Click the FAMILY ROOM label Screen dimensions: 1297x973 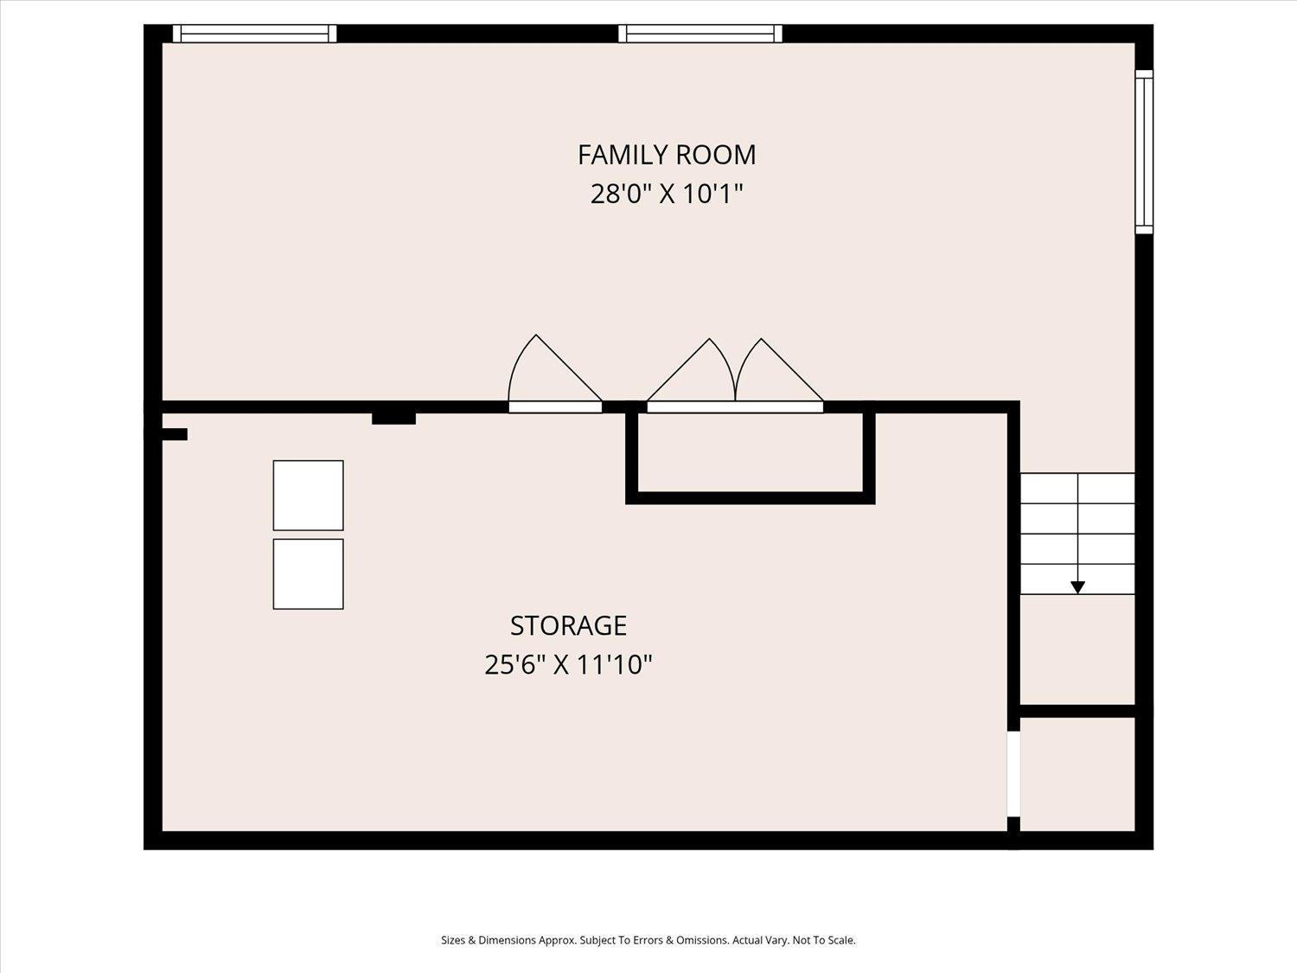tap(667, 155)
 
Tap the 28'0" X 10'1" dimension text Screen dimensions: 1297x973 tap(667, 194)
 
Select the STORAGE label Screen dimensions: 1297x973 tap(568, 625)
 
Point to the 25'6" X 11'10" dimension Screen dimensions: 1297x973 tap(568, 664)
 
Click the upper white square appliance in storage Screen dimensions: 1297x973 tap(308, 495)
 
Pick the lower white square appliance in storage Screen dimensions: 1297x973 tap(308, 573)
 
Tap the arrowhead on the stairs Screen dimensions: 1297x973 tap(1077, 587)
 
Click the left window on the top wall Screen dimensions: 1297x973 tap(255, 34)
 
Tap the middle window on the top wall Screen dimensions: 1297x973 tap(700, 34)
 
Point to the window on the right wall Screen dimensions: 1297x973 tap(1144, 152)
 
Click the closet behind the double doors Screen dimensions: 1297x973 tap(750, 452)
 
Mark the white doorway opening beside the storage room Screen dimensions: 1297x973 tap(1013, 774)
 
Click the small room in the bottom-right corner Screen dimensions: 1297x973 tap(1077, 774)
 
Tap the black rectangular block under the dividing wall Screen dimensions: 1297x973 tap(393, 419)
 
